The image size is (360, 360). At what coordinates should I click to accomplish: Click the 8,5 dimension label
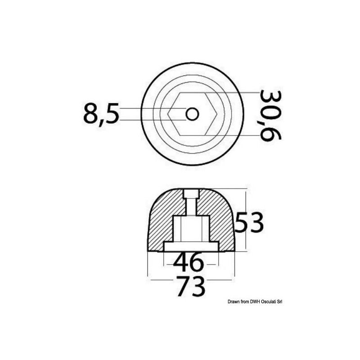coord(101,114)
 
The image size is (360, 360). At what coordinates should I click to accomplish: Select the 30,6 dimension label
coord(270,115)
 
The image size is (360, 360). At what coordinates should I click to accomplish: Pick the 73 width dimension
coord(191,286)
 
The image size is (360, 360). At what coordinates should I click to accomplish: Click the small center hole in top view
coord(192,114)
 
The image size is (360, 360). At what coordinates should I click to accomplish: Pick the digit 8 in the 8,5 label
coord(91,114)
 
